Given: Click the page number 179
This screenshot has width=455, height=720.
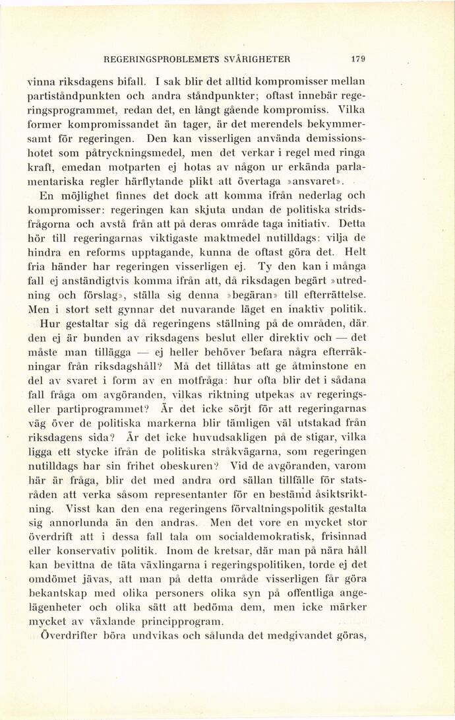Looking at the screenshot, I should point(359,59).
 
